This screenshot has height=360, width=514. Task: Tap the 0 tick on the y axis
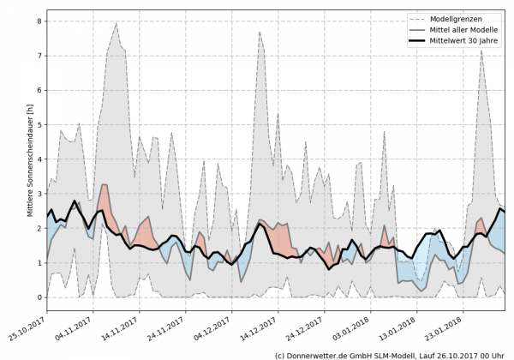39,297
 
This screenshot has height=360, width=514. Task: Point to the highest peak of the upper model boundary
116,23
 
